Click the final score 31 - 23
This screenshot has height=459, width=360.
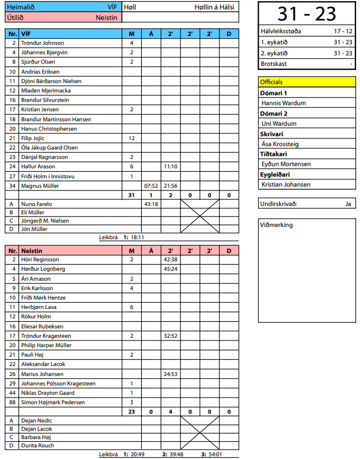306,13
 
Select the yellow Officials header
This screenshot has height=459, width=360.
307,82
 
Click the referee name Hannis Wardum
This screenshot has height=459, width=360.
284,103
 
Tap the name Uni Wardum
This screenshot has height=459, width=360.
279,123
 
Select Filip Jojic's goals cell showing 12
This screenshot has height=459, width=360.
132,138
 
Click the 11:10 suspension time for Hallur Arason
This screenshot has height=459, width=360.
169,166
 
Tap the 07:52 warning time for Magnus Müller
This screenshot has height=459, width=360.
151,185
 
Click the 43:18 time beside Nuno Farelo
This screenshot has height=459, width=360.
151,204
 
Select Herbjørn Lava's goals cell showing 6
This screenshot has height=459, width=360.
132,307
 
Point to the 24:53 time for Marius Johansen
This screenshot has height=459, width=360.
169,374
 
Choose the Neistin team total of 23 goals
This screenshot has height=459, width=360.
132,411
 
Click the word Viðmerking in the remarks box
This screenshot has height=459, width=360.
277,225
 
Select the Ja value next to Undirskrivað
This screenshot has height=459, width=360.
348,204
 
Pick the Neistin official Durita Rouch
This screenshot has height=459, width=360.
38,445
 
